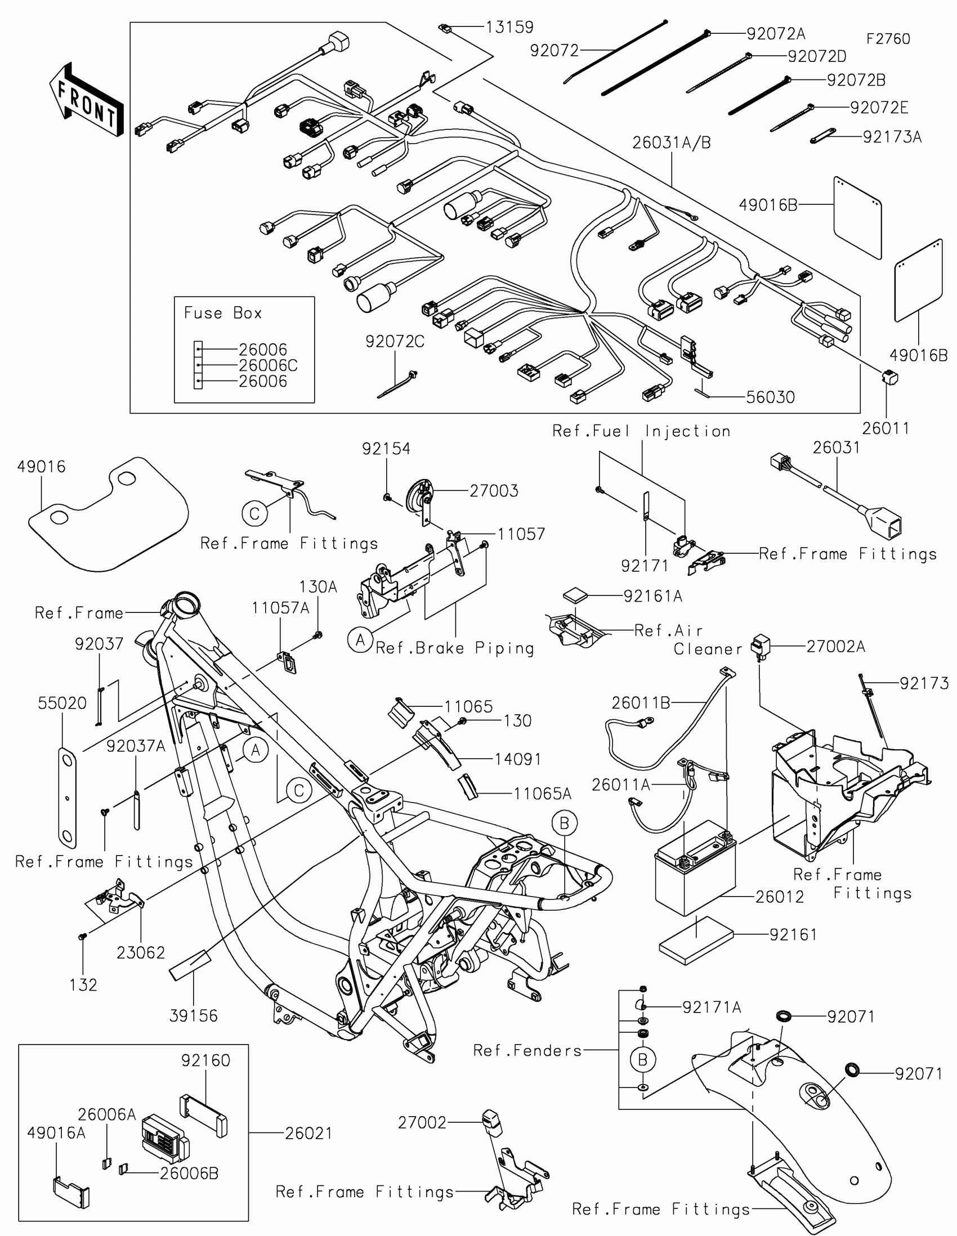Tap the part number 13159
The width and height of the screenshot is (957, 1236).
[x=510, y=27]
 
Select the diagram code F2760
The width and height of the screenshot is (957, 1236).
[x=888, y=39]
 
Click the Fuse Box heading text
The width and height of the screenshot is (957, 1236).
[x=222, y=313]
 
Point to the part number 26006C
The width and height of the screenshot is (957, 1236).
[x=268, y=366]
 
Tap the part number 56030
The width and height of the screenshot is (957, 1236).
[x=770, y=397]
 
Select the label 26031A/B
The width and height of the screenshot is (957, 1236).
[x=671, y=143]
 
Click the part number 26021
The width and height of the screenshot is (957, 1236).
[x=308, y=1133]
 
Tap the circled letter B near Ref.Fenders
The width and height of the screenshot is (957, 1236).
[x=642, y=1059]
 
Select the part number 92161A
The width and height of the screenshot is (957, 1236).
[x=652, y=596]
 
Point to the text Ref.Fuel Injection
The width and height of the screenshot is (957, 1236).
[x=641, y=431]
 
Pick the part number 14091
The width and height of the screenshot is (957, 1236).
[x=517, y=759]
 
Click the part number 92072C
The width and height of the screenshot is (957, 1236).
[x=395, y=342]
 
